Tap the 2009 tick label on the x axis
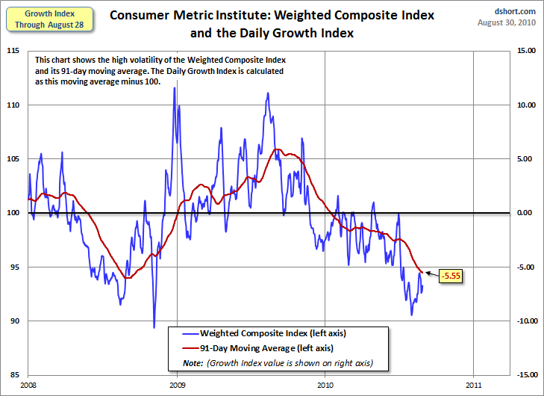[x=177, y=386]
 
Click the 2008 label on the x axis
[x=28, y=386]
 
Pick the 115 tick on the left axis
[x=13, y=51]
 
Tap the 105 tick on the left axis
[x=13, y=158]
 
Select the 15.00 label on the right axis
[x=528, y=51]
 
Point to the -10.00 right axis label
[x=526, y=321]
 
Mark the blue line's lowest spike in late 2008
[x=154, y=327]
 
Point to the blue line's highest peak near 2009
[x=175, y=88]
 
